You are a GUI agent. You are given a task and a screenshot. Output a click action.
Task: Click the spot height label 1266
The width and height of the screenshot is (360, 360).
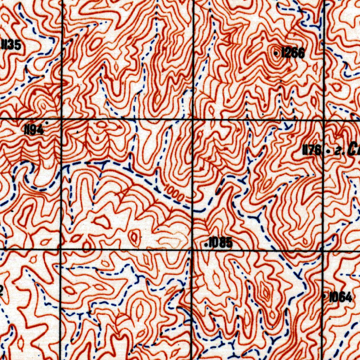coord(293,53)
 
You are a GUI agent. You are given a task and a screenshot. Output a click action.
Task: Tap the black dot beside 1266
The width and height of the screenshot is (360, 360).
coord(276,53)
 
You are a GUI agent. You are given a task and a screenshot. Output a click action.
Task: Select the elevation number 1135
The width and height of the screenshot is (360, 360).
coord(11,45)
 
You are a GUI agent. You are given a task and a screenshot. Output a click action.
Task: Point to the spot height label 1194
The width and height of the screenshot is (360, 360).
coord(33,130)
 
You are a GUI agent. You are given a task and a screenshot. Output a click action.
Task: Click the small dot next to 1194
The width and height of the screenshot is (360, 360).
coord(46,123)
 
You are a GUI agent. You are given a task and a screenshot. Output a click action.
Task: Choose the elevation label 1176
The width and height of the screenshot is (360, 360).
coord(311,151)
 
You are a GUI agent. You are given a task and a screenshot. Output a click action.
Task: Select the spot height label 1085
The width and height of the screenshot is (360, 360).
coord(220,242)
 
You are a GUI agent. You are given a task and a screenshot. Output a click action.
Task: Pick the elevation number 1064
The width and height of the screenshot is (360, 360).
coord(340,298)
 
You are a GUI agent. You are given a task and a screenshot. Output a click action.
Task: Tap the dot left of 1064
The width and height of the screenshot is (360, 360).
coord(324,296)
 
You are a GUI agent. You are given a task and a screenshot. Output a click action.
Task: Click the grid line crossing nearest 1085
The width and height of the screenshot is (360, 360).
coord(192,250)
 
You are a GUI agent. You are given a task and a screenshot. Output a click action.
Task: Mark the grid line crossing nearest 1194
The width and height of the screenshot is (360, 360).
coord(62,119)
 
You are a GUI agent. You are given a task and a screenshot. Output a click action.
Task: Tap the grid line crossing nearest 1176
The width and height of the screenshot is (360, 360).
coord(323,120)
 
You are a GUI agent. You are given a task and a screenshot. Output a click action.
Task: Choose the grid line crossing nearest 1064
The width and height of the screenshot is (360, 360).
coord(323,250)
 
